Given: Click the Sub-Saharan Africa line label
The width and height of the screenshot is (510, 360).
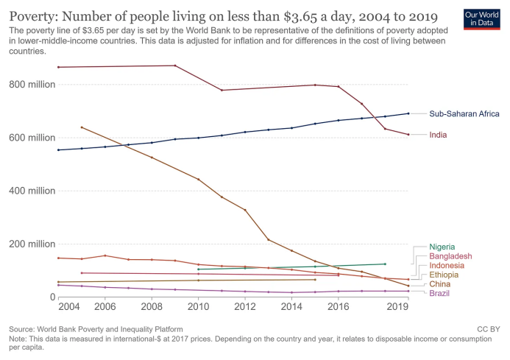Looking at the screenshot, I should click(464, 114).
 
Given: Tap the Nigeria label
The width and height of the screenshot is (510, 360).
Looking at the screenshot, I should click(442, 247).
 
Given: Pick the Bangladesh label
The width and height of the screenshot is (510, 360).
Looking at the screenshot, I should click(450, 256).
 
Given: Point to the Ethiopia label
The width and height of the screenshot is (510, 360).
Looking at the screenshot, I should click(445, 275).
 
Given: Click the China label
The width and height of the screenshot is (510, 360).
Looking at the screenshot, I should click(441, 284).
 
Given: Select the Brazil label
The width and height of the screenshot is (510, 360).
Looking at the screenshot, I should click(440, 293).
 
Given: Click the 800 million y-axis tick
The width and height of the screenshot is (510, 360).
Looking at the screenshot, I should click(32, 85).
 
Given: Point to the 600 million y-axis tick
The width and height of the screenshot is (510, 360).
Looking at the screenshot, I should click(32, 138).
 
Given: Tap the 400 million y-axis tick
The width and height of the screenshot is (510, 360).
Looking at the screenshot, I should click(32, 191).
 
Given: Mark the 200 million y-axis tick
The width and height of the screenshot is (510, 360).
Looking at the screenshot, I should click(32, 244).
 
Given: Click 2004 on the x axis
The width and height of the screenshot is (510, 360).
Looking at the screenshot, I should click(69, 307).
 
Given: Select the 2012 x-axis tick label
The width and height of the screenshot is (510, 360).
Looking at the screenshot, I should click(245, 307).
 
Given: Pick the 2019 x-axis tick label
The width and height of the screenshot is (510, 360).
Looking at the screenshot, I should click(398, 307).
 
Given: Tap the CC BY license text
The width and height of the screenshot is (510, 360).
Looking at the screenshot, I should click(488, 329).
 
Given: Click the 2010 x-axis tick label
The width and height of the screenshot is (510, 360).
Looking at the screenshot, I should click(199, 307).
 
